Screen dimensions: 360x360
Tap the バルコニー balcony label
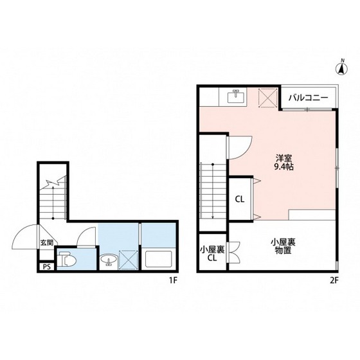308,98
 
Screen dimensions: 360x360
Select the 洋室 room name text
283,158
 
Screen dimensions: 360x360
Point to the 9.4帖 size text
283,167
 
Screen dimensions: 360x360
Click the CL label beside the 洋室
239,199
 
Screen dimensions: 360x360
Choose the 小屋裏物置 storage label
283,246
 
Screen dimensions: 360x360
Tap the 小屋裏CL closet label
212,254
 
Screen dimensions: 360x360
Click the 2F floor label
334,280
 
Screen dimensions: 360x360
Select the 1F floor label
174,280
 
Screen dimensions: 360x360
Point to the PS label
46,267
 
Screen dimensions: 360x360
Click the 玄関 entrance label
47,242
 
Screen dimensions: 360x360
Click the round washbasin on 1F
109,260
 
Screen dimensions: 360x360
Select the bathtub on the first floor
159,258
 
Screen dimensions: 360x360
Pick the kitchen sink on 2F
235,96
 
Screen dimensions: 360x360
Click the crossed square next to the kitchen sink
267,98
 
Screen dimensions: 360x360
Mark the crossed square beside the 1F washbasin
129,260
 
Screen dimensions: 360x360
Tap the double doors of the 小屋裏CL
234,252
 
